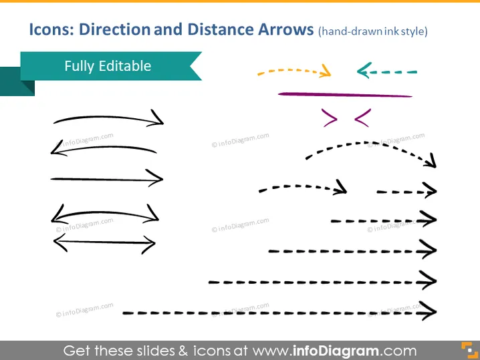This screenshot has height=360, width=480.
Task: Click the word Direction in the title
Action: click(x=114, y=29)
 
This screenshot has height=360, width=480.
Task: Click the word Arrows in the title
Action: click(x=285, y=29)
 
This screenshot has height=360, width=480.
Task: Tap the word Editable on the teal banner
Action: click(x=125, y=66)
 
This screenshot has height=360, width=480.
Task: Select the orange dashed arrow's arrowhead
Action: click(x=326, y=71)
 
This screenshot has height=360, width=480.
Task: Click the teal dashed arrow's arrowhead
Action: click(x=364, y=71)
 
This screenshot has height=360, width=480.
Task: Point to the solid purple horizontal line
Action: click(x=345, y=95)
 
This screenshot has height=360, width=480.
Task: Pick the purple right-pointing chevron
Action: click(x=330, y=118)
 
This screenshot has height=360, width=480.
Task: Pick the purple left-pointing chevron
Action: click(x=363, y=118)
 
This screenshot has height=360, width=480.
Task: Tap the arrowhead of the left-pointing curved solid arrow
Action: click(x=57, y=148)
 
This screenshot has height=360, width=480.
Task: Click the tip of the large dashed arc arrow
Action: click(x=435, y=167)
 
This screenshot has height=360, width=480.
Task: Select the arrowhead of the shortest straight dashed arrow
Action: click(x=430, y=190)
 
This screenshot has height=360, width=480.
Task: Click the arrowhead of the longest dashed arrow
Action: click(x=429, y=311)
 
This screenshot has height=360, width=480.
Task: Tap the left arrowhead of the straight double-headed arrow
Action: click(x=60, y=242)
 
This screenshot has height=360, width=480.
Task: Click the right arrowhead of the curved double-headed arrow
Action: click(x=152, y=214)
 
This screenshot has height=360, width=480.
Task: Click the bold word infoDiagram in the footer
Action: click(x=336, y=351)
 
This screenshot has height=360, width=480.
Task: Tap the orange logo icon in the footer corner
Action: click(x=469, y=350)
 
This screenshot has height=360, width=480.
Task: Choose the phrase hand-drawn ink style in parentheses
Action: click(x=373, y=31)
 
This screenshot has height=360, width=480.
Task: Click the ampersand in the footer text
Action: click(x=183, y=351)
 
